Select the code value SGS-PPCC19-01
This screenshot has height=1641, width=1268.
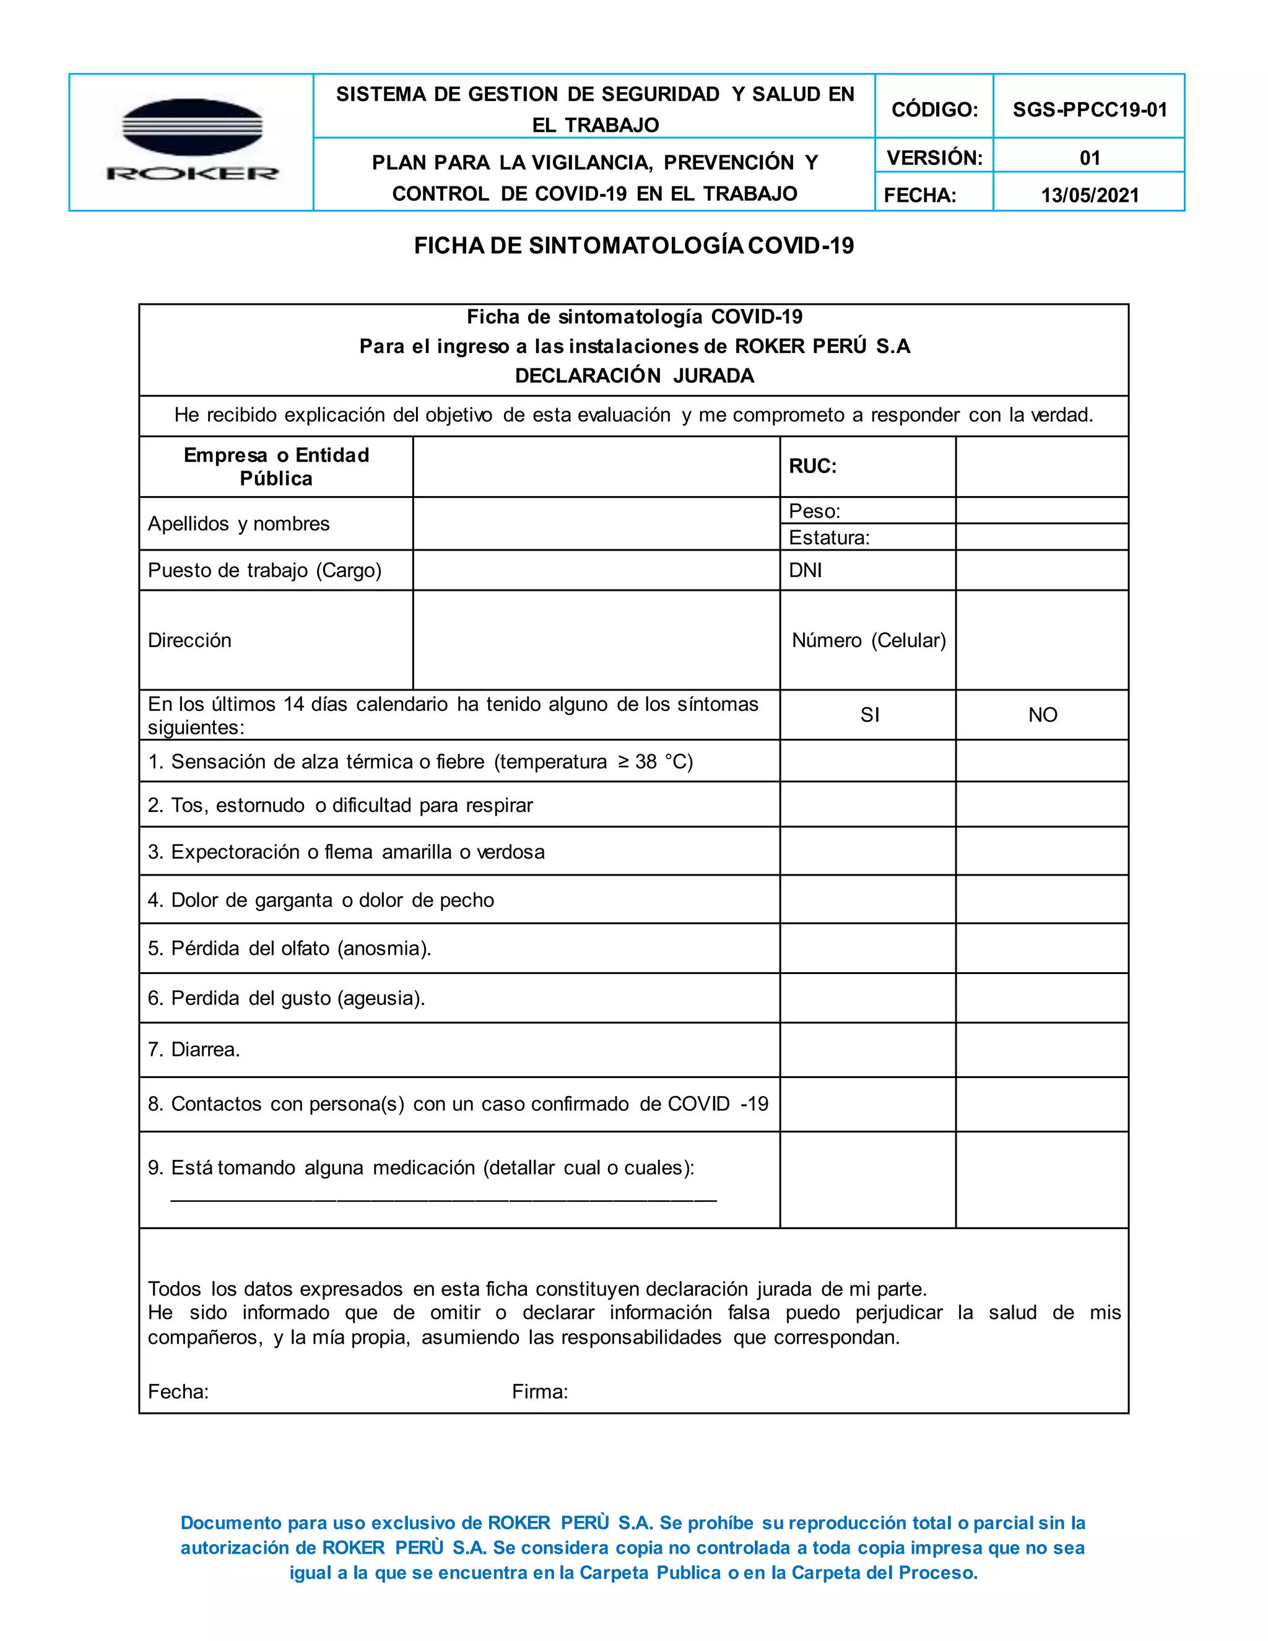tap(1089, 110)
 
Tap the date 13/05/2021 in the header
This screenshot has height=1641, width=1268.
tap(1089, 195)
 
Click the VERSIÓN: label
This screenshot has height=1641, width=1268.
tap(934, 158)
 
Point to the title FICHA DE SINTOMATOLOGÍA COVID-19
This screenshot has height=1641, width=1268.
tap(633, 246)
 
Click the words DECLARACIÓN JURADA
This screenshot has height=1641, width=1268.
tap(633, 376)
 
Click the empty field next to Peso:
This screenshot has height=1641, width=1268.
tap(1042, 510)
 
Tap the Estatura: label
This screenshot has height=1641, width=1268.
tap(828, 538)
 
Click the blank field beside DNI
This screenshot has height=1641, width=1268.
tap(1042, 570)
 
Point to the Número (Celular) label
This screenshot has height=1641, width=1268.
tap(869, 640)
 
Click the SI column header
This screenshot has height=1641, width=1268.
tap(869, 715)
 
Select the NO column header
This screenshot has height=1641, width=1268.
tap(1042, 715)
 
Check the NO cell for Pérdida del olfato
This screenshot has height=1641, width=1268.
tap(1042, 948)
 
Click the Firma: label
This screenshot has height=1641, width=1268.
tap(539, 1392)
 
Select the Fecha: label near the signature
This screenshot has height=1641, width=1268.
tap(178, 1392)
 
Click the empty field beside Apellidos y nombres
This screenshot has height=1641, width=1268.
tap(596, 524)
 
